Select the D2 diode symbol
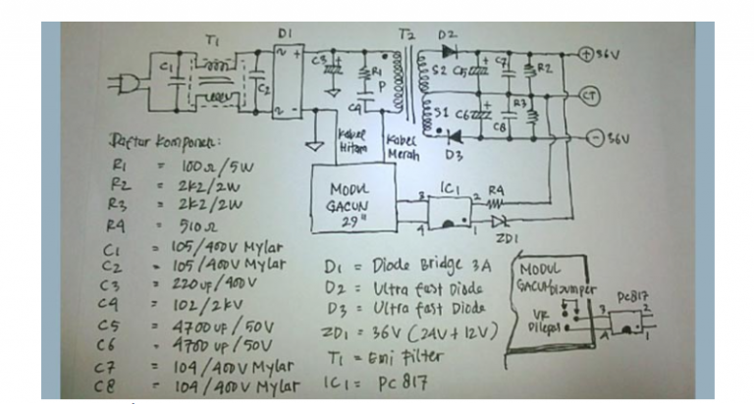[451, 51]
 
